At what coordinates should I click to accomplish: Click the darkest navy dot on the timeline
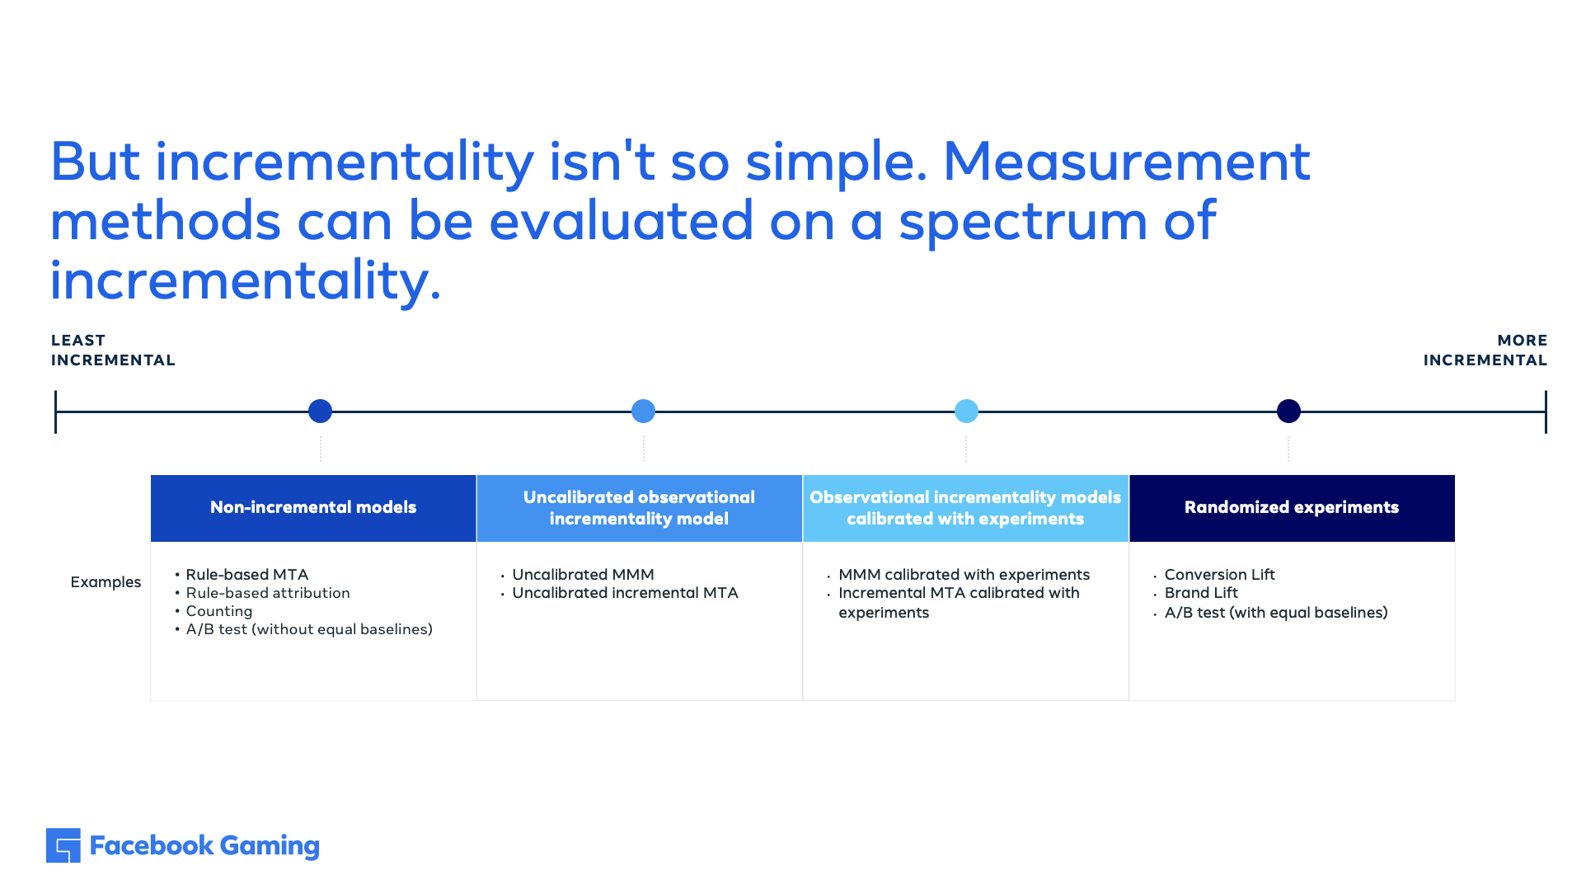click(x=1288, y=411)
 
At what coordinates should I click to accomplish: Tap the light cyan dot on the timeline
click(x=966, y=411)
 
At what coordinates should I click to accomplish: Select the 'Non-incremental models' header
click(x=313, y=507)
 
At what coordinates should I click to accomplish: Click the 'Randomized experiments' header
click(x=1292, y=507)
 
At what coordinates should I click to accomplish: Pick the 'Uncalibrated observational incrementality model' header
click(x=639, y=507)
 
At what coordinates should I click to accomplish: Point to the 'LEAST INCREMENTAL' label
click(x=113, y=350)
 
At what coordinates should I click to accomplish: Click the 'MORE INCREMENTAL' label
click(x=1485, y=350)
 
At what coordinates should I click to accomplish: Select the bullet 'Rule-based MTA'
click(x=247, y=575)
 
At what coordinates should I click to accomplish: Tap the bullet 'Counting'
click(x=219, y=611)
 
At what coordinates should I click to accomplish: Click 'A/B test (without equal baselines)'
click(x=309, y=629)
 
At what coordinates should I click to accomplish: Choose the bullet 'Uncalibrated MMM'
click(x=583, y=575)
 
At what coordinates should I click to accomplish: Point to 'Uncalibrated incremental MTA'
click(x=625, y=593)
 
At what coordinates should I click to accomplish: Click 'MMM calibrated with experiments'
click(x=964, y=575)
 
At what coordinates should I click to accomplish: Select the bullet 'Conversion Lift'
click(x=1219, y=575)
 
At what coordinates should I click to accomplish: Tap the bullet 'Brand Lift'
click(x=1201, y=593)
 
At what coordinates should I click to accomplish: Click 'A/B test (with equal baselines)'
click(x=1276, y=613)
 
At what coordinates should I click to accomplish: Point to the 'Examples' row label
click(x=106, y=582)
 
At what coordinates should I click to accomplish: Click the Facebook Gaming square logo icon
click(x=63, y=845)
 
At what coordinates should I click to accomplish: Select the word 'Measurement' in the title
click(x=1126, y=162)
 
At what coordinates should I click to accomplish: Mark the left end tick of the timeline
click(x=55, y=412)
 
